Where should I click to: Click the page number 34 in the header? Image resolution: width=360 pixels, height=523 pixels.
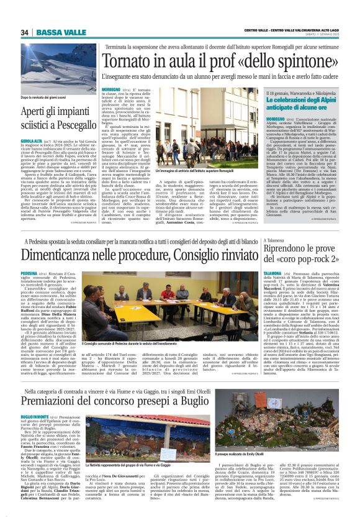click(25, 32)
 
